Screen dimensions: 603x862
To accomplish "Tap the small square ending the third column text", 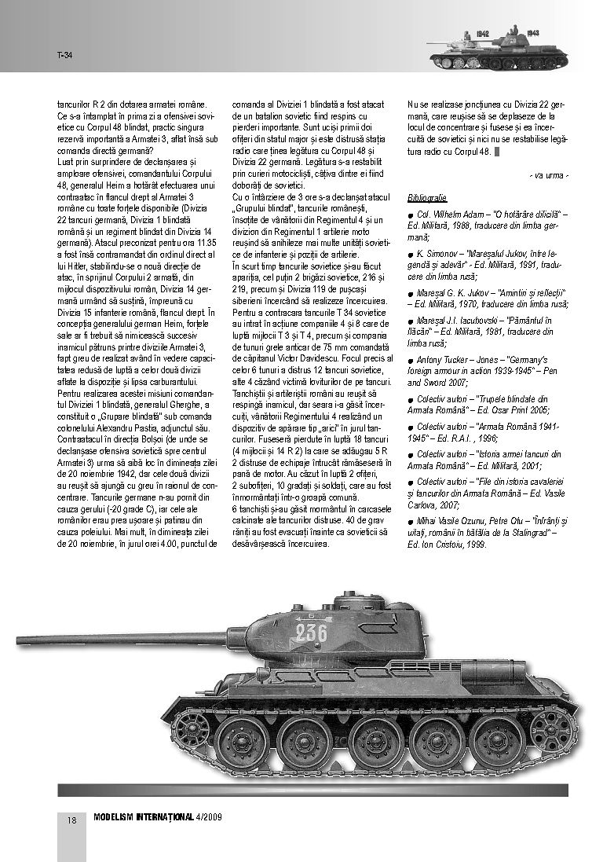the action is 496,152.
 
